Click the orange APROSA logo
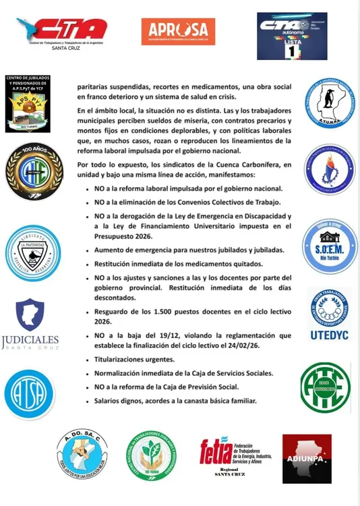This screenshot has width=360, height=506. point(178,31)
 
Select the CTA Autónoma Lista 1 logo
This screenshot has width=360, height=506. point(291,36)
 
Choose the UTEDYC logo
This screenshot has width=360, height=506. point(329,316)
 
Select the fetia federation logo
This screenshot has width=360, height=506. point(235,457)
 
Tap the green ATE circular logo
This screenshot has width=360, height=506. point(326,387)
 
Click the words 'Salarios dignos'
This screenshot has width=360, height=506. point(119,401)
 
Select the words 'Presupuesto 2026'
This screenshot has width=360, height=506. point(125,236)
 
